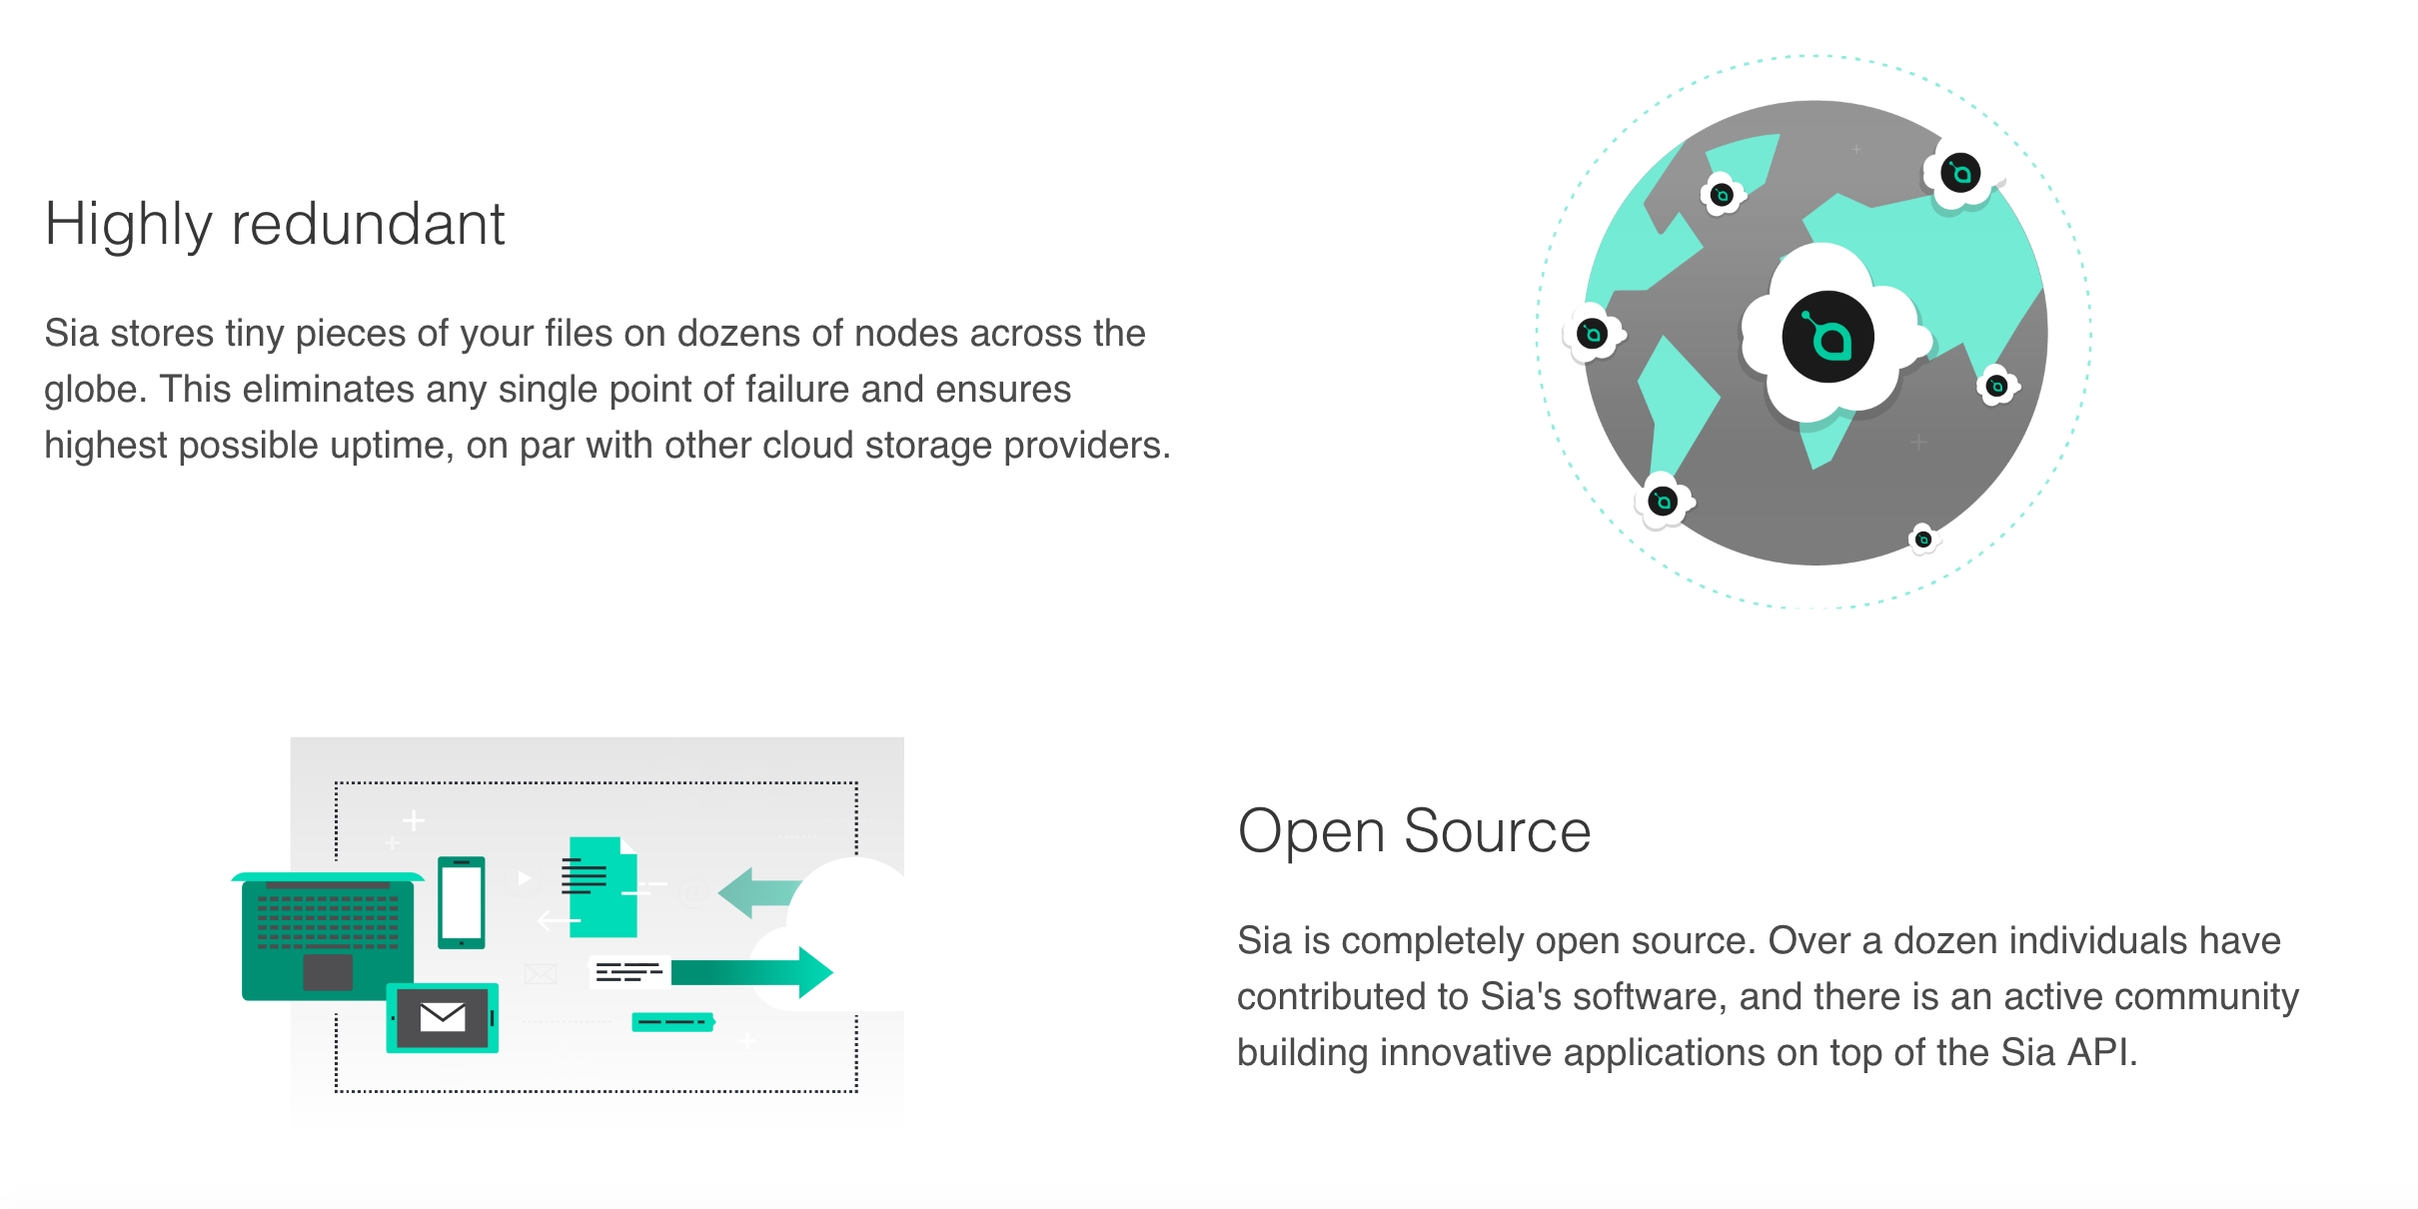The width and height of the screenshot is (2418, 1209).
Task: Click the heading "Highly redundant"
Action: (x=275, y=224)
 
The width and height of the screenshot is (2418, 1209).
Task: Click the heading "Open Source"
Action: (x=1413, y=831)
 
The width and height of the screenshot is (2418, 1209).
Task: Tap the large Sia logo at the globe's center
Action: (x=1827, y=338)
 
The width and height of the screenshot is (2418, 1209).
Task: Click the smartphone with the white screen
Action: (x=462, y=901)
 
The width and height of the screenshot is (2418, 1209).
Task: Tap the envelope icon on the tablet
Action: (x=443, y=1017)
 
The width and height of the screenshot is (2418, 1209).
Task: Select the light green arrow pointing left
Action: (x=757, y=891)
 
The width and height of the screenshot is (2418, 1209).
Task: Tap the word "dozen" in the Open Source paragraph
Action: (x=1945, y=941)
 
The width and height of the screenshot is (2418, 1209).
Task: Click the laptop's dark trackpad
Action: (x=328, y=971)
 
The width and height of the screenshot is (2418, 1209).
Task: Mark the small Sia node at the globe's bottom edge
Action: (x=1922, y=540)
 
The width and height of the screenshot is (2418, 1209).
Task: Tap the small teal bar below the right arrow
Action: (x=672, y=1022)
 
